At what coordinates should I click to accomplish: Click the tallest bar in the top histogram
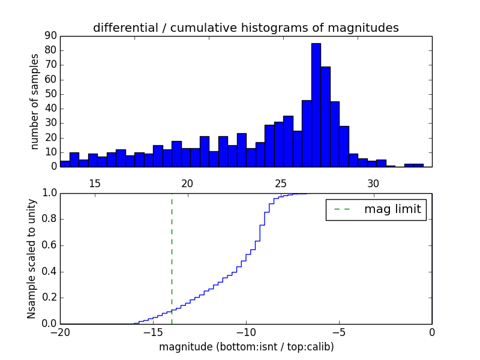point(316,105)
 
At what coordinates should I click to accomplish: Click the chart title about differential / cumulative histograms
point(245,28)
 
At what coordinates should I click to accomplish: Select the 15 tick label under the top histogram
point(94,183)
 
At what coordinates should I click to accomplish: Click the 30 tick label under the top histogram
point(373,183)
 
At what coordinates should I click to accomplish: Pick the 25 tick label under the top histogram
point(280,183)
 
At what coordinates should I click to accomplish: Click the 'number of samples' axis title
point(35,101)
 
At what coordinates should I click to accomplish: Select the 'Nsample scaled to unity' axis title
point(32,258)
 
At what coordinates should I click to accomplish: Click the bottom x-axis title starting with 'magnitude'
point(246,347)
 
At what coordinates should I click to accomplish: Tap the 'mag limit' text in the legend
point(392,209)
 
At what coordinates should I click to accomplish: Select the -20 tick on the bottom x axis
point(60,332)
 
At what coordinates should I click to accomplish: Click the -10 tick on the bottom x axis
point(245,332)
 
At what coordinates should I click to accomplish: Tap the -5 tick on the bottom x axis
point(338,332)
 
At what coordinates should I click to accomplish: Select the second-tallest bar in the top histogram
point(325,116)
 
